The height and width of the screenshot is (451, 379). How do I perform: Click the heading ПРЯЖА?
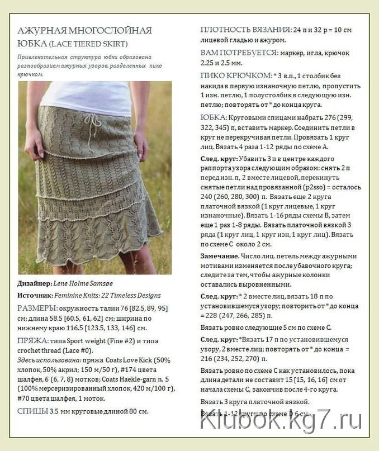(31, 340)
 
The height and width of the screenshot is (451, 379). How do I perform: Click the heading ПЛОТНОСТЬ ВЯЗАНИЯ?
(245, 30)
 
